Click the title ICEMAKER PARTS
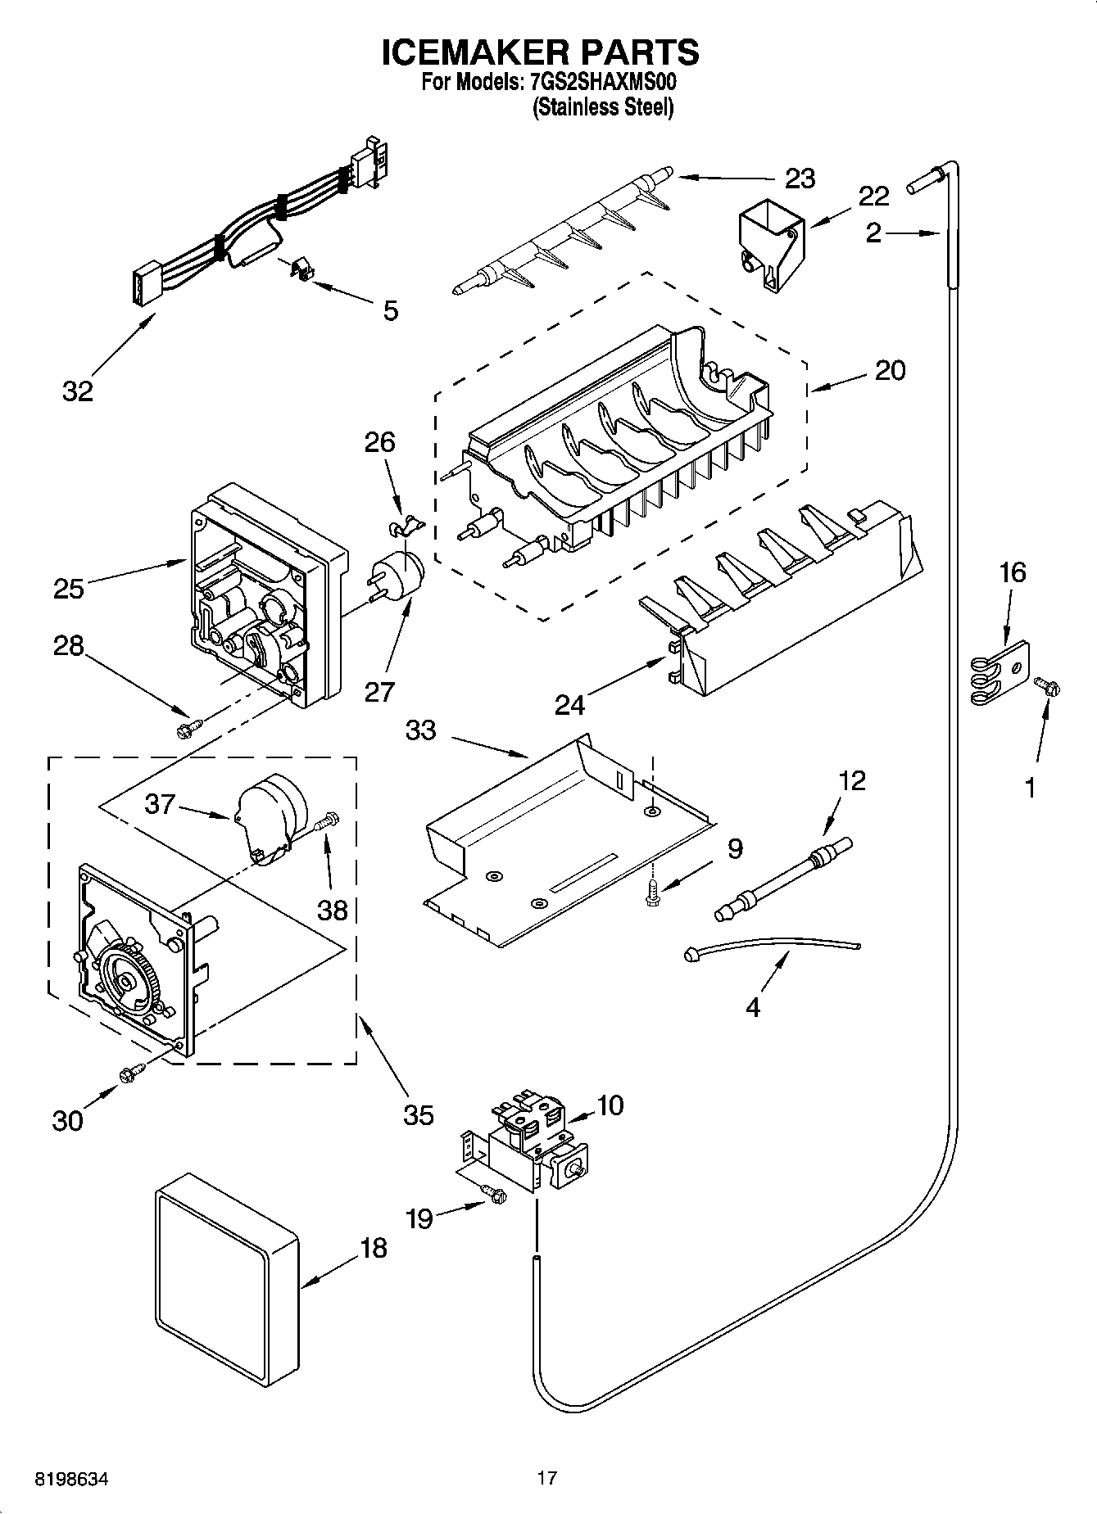541,52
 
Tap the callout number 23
800,178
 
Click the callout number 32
78,391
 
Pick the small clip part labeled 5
301,268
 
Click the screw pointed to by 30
132,1072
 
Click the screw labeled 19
494,1195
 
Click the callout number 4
752,1006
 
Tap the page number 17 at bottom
547,1478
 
